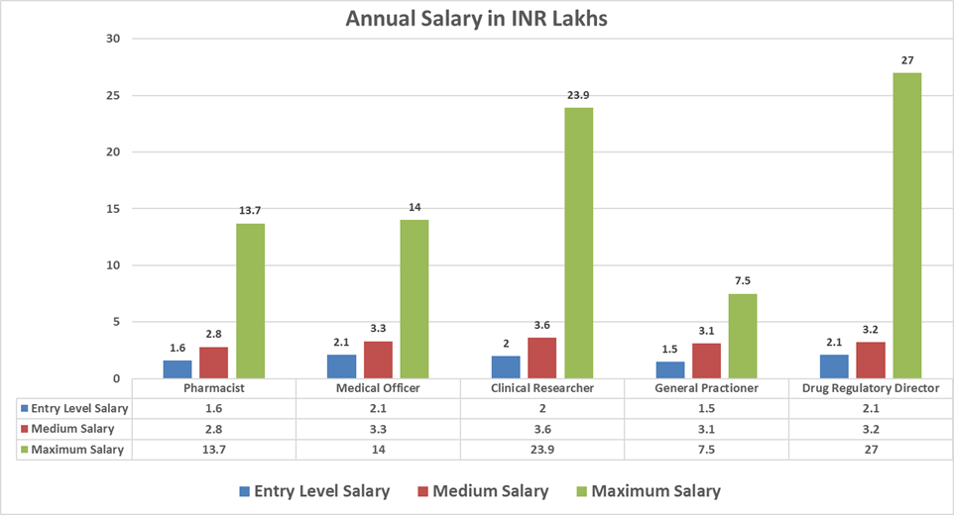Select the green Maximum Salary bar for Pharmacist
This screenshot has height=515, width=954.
tap(250, 301)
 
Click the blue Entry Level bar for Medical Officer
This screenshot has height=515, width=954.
tap(342, 366)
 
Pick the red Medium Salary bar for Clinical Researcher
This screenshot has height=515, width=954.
tap(542, 358)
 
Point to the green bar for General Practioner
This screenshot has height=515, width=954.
tap(743, 336)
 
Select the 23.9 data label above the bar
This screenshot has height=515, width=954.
tap(578, 95)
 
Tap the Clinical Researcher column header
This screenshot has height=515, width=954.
tap(542, 388)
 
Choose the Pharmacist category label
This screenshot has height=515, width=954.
tap(214, 388)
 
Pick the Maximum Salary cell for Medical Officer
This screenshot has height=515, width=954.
tap(378, 450)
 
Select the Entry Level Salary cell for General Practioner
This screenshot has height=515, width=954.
tap(707, 408)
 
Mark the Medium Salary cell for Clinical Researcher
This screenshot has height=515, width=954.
tap(542, 429)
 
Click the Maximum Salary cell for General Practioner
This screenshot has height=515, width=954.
tap(707, 450)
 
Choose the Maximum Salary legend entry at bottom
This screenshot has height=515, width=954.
tap(646, 491)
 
